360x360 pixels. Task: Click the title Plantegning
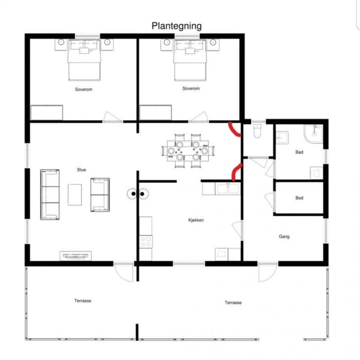176,26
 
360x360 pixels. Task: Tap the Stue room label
82,170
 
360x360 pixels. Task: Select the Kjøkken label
196,220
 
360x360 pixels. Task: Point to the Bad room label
299,152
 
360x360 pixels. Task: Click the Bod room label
299,198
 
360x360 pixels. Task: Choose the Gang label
284,236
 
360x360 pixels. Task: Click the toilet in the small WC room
257,131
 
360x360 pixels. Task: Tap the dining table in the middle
188,151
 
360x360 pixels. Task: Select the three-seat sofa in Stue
50,195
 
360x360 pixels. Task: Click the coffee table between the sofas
75,195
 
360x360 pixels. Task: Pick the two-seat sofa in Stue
100,195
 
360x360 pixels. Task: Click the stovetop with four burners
145,242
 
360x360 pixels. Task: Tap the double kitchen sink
228,189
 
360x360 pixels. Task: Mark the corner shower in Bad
313,134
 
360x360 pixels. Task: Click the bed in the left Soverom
85,60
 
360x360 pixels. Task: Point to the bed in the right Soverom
190,60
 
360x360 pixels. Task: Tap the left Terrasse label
83,301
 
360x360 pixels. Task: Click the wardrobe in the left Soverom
47,113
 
